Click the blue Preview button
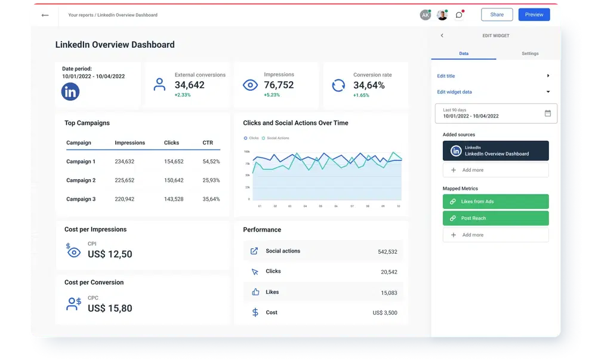click(x=534, y=15)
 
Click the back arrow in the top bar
click(x=45, y=15)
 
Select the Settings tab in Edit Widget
click(x=529, y=54)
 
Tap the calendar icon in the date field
click(x=548, y=113)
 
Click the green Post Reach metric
click(x=495, y=219)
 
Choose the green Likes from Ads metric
click(x=495, y=202)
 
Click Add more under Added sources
click(x=495, y=170)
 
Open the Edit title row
click(x=493, y=76)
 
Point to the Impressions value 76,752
click(x=279, y=85)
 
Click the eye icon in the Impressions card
click(x=250, y=85)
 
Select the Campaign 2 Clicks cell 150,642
click(x=174, y=180)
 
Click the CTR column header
click(x=208, y=143)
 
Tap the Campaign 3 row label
click(x=81, y=199)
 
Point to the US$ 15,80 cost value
click(x=110, y=309)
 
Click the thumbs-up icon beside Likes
click(x=255, y=292)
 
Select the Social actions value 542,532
click(x=387, y=252)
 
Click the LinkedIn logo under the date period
click(x=70, y=92)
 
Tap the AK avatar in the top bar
click(x=425, y=15)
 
